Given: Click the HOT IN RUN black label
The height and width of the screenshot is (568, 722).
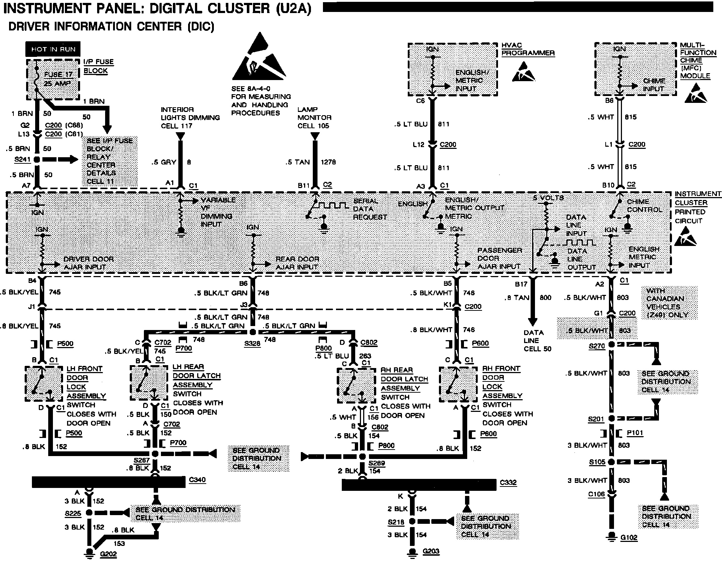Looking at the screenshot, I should [x=53, y=49].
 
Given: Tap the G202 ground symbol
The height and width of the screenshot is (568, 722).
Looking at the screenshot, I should [x=88, y=553].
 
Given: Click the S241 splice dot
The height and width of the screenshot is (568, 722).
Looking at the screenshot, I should [x=37, y=159].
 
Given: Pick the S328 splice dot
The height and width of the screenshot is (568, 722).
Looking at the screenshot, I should [x=253, y=332].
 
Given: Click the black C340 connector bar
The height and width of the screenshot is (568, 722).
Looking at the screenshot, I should [x=109, y=482].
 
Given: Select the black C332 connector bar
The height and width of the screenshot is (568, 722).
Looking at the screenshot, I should [x=419, y=485].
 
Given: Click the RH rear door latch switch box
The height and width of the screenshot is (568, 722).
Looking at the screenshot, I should [x=356, y=386].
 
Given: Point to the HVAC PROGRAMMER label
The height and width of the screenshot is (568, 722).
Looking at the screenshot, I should [x=528, y=49].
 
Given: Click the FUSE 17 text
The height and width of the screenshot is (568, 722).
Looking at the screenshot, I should [x=58, y=75].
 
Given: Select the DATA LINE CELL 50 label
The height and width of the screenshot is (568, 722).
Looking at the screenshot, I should [x=537, y=341].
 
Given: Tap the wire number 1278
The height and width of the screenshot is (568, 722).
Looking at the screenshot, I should [x=328, y=162].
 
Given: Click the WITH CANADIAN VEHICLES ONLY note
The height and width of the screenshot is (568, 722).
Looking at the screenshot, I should [x=669, y=303].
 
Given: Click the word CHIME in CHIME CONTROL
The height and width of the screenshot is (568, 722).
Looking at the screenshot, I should [x=638, y=202].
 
